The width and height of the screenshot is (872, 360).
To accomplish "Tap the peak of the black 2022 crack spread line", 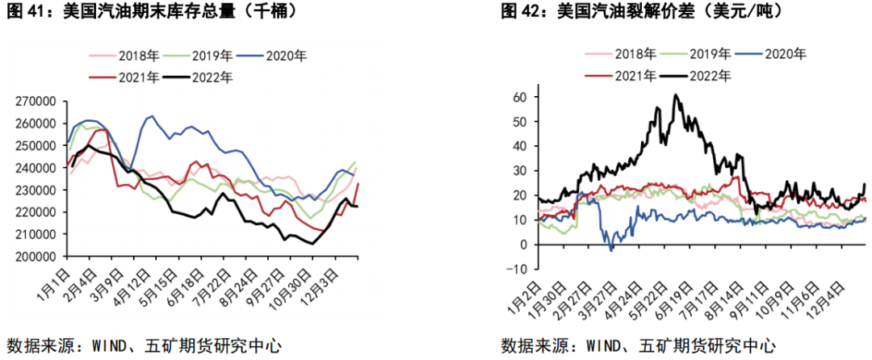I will tap(676, 95).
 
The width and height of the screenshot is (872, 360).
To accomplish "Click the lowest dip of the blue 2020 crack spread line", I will tap(610, 250).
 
